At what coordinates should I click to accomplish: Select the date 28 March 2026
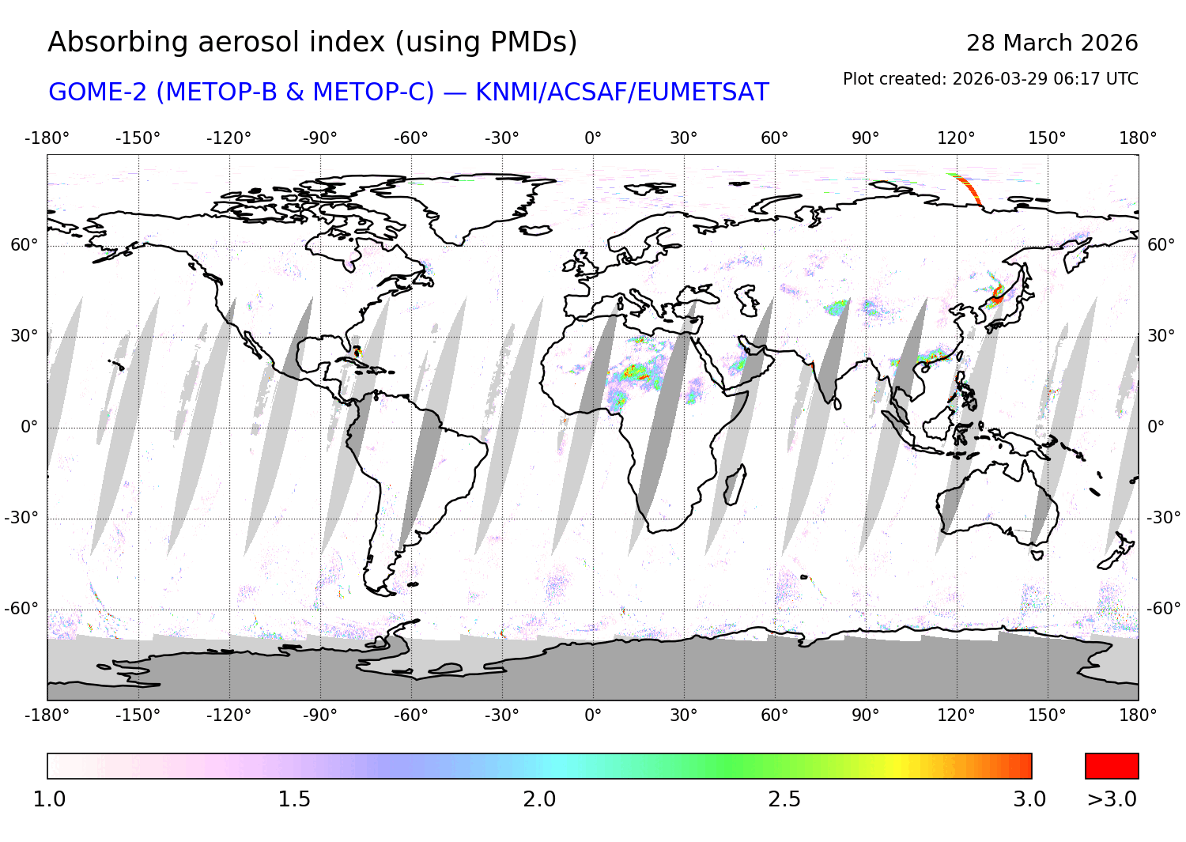(1052, 43)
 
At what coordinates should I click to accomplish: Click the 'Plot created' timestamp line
(990, 79)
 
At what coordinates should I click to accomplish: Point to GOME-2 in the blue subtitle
(98, 93)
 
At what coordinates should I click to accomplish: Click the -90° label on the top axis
(319, 138)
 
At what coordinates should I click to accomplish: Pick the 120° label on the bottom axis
(956, 716)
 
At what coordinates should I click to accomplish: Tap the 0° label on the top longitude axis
(593, 138)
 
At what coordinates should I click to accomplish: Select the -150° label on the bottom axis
(138, 716)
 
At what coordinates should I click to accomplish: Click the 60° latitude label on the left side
(24, 245)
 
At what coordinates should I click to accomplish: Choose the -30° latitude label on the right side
(1163, 518)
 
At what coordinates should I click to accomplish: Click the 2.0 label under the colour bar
(539, 799)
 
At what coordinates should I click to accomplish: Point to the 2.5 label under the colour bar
(784, 799)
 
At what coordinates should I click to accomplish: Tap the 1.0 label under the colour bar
(49, 799)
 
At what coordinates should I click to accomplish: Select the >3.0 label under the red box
(1112, 799)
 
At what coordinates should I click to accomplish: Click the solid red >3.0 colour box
(1112, 766)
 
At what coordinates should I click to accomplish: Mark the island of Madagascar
(735, 484)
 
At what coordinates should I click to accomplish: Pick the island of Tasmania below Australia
(1038, 555)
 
